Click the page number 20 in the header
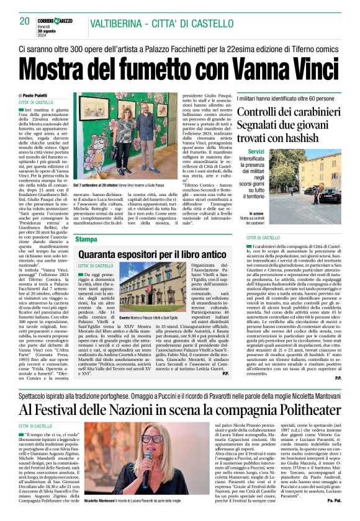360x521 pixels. [25, 21]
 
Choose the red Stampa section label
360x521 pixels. [86, 239]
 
